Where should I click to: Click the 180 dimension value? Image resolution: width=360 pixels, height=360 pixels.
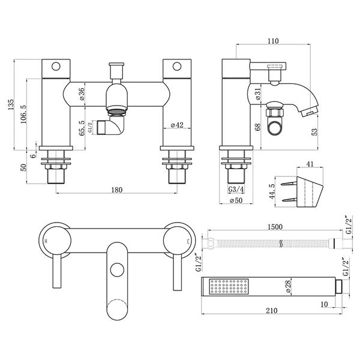click(x=117, y=190)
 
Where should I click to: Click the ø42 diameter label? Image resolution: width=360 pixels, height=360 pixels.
click(x=177, y=125)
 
